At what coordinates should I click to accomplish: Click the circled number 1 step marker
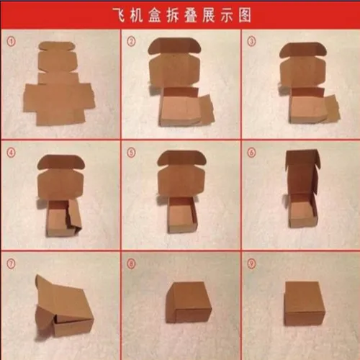click(x=11, y=42)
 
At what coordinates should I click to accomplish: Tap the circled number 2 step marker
click(x=131, y=42)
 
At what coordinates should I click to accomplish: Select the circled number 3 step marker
click(x=251, y=42)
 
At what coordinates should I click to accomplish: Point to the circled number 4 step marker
click(x=11, y=153)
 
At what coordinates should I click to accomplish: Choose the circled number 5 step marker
click(x=131, y=153)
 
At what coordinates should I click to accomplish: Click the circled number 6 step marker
click(x=251, y=153)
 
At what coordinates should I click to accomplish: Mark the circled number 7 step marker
click(x=11, y=264)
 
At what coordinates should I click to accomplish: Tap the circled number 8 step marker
click(x=131, y=264)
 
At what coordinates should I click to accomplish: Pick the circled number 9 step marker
click(x=251, y=264)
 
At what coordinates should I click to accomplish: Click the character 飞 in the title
click(x=119, y=15)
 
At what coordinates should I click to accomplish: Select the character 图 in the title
click(x=245, y=15)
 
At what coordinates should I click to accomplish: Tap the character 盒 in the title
click(x=155, y=15)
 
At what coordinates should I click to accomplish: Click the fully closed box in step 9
click(x=305, y=303)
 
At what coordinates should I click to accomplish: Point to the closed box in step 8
click(x=189, y=302)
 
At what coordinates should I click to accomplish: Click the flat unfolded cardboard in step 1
click(x=59, y=84)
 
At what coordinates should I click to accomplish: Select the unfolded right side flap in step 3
click(x=332, y=108)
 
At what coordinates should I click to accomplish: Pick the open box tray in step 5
click(x=183, y=215)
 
